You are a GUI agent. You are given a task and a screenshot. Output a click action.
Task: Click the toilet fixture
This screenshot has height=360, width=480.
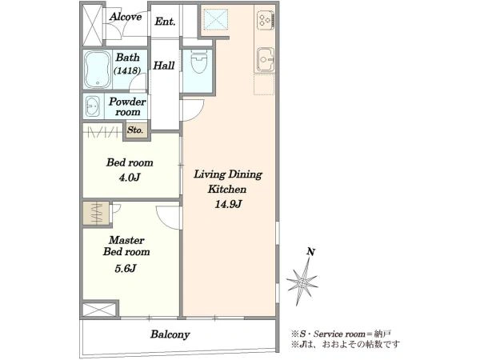coord(199,61)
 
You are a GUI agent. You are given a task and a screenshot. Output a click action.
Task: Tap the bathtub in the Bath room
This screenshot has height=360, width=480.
coord(98,70)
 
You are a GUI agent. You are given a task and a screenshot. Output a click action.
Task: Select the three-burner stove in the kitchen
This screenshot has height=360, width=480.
coord(265,21)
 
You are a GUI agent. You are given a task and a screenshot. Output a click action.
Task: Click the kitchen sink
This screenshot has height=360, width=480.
coord(265,60)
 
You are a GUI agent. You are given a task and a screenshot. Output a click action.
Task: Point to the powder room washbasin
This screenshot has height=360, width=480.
coord(93,106)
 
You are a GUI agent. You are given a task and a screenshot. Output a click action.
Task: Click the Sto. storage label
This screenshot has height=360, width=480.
coord(135,130)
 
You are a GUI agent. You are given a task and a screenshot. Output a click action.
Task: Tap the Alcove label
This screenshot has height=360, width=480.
coord(126,17)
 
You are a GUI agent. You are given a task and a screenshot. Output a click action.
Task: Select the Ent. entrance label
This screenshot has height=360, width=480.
coord(165,22)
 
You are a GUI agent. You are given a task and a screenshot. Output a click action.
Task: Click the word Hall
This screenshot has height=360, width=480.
coord(164,66)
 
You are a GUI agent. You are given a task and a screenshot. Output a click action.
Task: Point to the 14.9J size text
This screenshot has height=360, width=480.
coord(228,204)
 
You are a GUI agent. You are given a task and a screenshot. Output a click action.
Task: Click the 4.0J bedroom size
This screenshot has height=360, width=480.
coord(130,178)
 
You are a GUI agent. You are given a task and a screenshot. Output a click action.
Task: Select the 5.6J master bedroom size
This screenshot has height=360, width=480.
coord(126,269)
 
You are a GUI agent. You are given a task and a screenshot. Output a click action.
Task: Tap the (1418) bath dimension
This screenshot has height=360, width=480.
coord(127,70)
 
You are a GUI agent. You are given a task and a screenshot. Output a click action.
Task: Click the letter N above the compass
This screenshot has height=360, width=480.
coord(310,252)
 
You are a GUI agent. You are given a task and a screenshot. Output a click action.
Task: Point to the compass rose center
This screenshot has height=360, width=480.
coord(302,282)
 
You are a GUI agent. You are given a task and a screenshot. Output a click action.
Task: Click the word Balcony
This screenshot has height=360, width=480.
coord(170,334)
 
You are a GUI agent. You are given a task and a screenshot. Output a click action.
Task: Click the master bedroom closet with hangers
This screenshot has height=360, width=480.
coord(96,213)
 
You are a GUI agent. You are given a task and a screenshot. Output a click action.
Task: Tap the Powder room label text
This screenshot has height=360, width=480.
coord(127,106)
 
